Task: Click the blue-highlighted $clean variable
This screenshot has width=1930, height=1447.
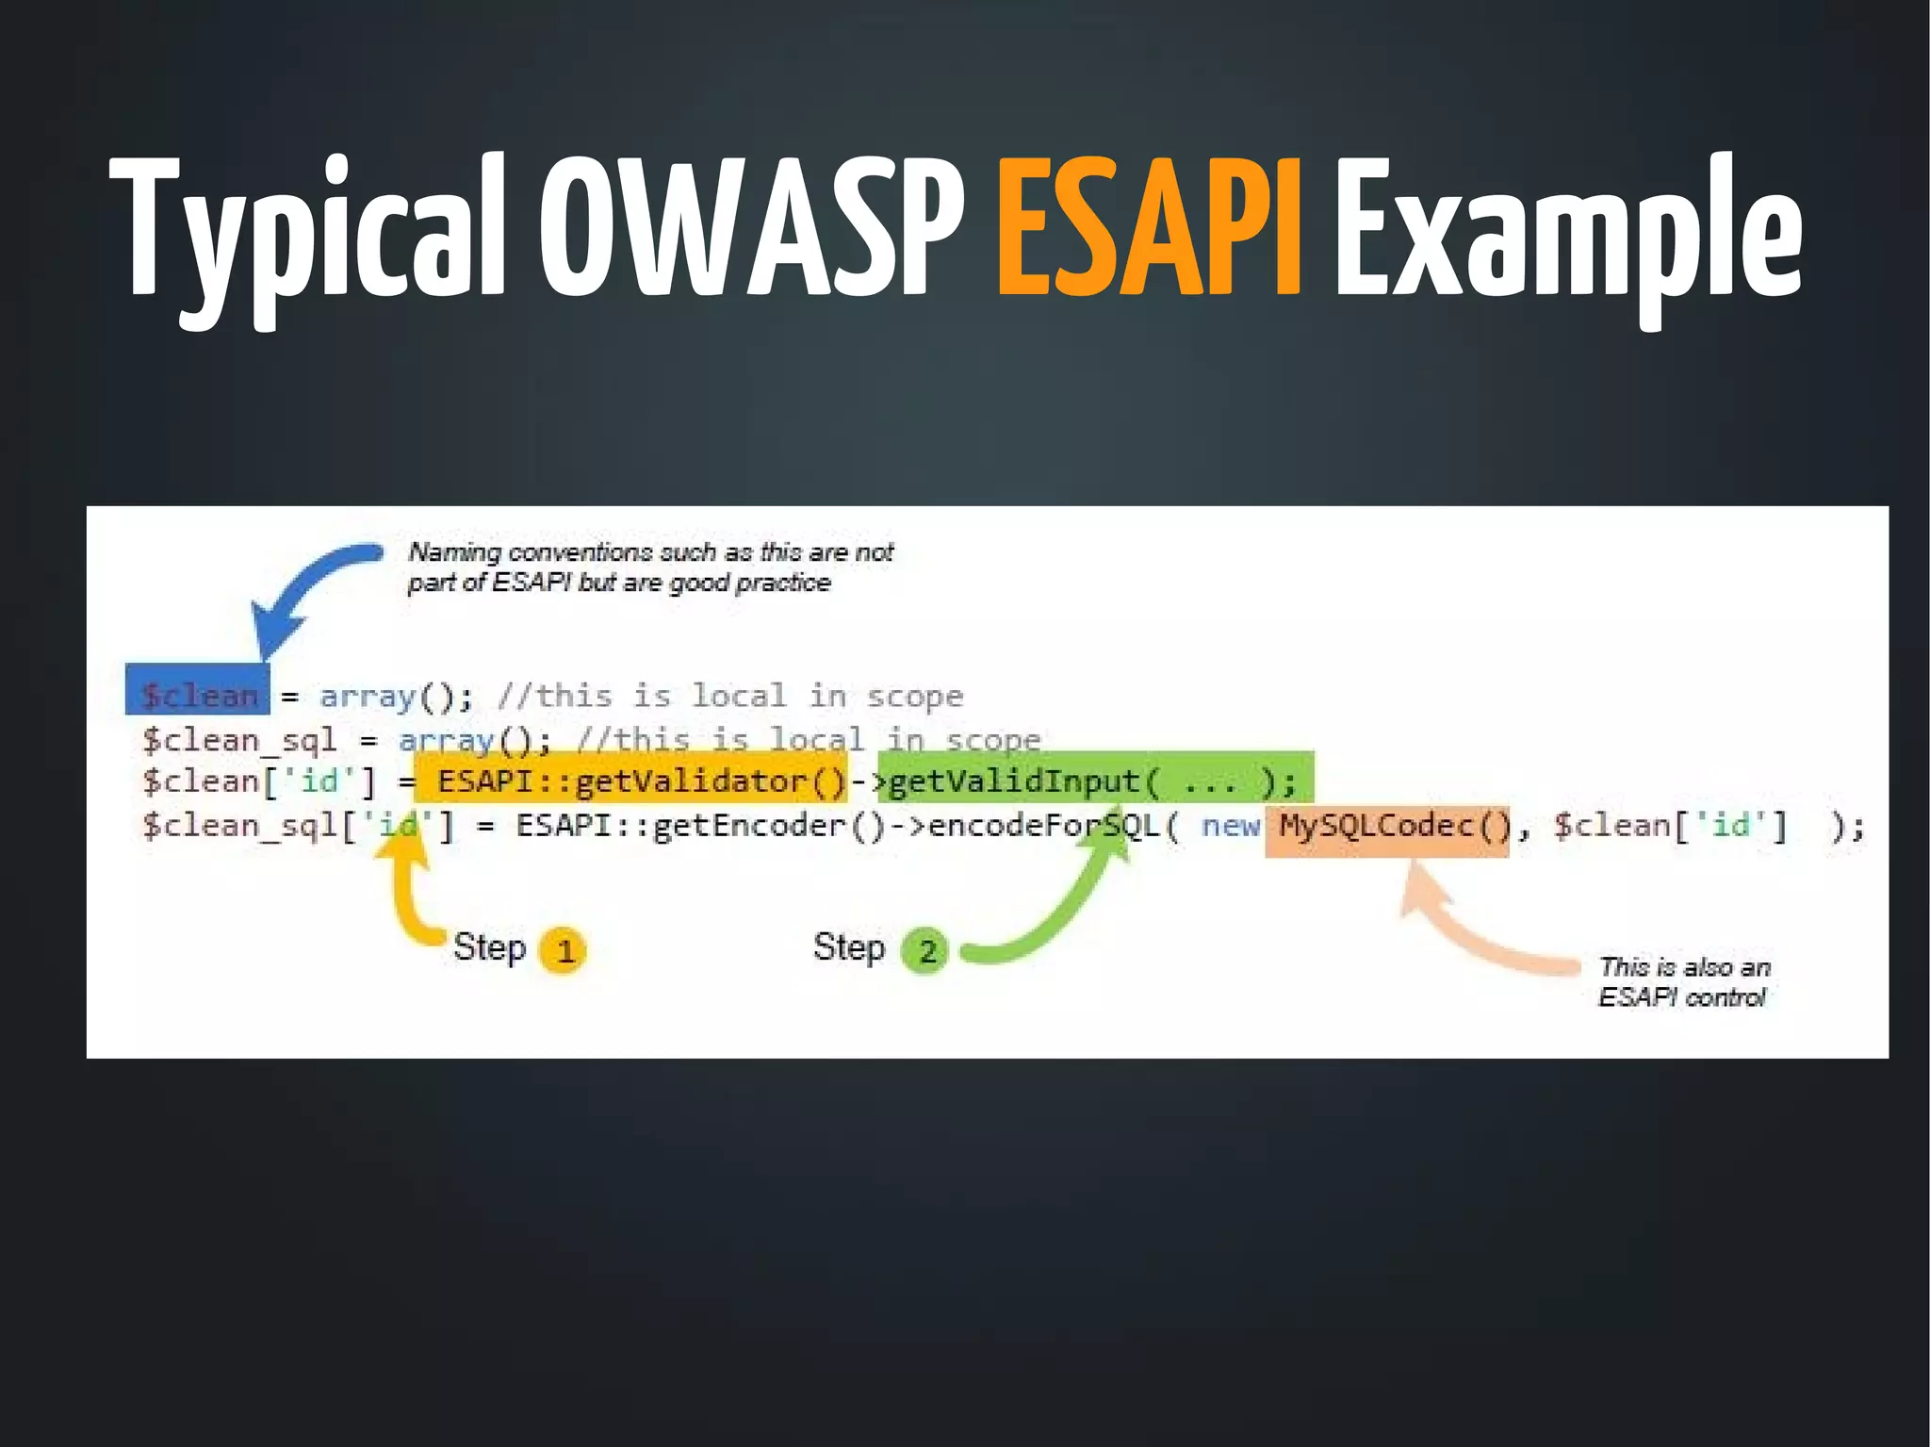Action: [x=198, y=696]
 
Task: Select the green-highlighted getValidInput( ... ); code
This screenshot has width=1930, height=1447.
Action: [x=1093, y=781]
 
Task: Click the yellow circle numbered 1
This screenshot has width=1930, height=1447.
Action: [x=564, y=950]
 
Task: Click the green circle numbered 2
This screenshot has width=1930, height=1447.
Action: [x=925, y=950]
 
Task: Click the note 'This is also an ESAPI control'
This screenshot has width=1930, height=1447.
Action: [x=1683, y=982]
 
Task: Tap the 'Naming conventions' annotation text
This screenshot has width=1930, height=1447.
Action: [x=650, y=567]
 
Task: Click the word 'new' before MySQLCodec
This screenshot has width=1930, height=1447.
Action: [x=1230, y=827]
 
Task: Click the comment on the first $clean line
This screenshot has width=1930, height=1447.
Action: [x=730, y=696]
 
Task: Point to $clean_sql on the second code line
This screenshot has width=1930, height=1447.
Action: [x=239, y=739]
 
